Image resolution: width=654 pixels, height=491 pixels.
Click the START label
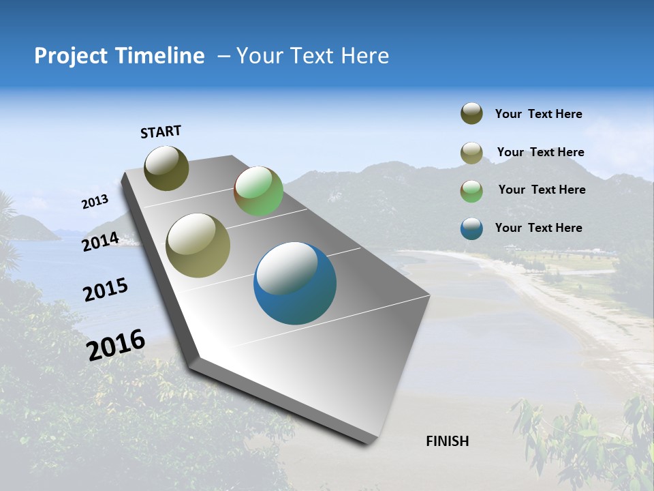[161, 132]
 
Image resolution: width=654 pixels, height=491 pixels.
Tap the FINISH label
[447, 441]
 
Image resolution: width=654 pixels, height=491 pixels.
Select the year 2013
[95, 201]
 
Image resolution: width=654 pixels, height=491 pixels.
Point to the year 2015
[105, 290]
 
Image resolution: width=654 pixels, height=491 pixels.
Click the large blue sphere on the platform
[295, 283]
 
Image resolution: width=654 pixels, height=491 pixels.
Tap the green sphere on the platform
[259, 191]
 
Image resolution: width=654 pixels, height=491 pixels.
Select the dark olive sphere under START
[167, 168]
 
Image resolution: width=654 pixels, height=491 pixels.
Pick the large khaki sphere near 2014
[198, 245]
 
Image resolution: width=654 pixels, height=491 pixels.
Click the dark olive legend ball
[471, 114]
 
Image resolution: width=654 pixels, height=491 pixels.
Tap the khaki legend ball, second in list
[471, 153]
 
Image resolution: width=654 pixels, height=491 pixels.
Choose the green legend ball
[471, 191]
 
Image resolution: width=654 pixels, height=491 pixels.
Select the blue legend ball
[471, 228]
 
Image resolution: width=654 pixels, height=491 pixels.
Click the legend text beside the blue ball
[538, 228]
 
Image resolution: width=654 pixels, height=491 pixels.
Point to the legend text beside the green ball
[542, 190]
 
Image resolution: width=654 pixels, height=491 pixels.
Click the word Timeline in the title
[157, 56]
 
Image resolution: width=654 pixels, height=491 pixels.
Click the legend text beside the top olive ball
[538, 114]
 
